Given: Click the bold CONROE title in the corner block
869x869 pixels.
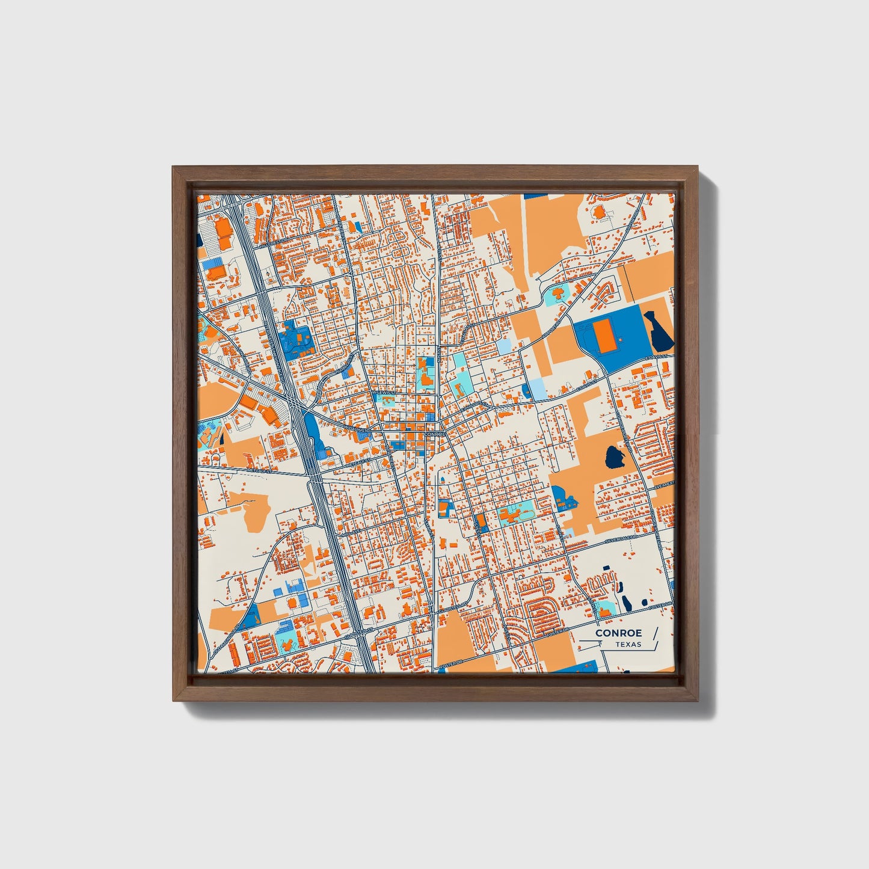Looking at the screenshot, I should point(618,633).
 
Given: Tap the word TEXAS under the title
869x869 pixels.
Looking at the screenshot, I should point(628,645).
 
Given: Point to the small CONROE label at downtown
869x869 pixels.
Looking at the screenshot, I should point(434,434).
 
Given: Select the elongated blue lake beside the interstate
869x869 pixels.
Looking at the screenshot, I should point(313,433).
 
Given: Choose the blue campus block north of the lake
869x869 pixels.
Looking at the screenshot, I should point(298,340).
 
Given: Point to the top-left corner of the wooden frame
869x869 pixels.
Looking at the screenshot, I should point(173,168).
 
